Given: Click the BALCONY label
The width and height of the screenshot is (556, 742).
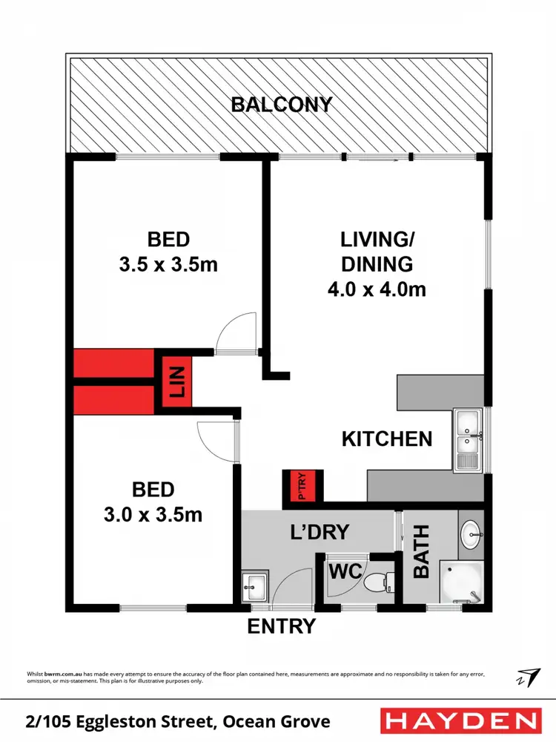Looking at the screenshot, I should point(282,105).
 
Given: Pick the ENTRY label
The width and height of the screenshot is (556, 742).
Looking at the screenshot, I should point(281,626).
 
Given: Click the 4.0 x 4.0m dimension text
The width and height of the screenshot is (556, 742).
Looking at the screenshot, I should point(377,289).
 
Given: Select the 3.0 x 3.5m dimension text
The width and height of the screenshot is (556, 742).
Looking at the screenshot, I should point(153,514).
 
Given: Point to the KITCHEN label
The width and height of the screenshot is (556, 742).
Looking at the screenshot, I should point(386,439).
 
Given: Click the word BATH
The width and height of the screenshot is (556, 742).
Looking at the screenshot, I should point(421,553).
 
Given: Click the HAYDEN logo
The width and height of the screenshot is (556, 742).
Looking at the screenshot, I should point(460,720).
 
